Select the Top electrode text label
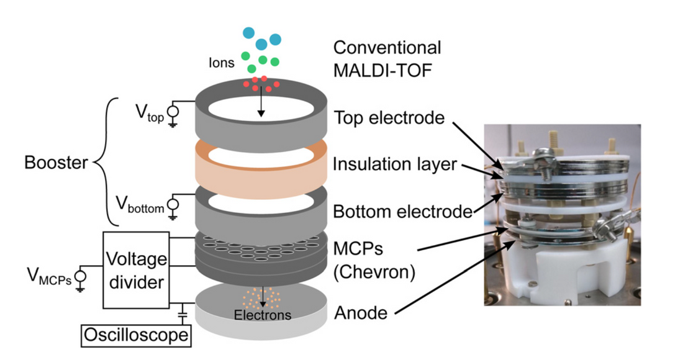click(x=389, y=118)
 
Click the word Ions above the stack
click(x=222, y=63)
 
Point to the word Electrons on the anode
click(x=263, y=315)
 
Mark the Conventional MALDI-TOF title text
click(x=387, y=58)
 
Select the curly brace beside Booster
click(x=106, y=163)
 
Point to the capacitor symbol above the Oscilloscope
click(x=182, y=314)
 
